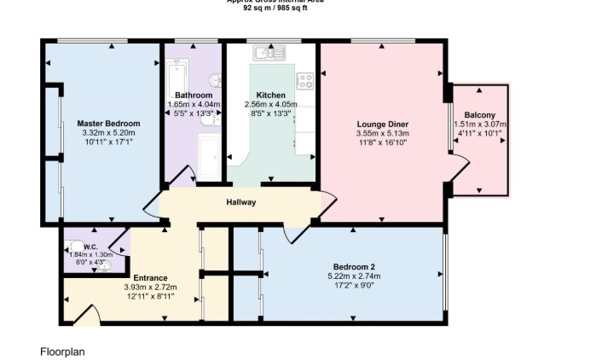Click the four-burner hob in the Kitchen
click(304, 80)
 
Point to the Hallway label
click(240, 202)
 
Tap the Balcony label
click(479, 114)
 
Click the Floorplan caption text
click(62, 351)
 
